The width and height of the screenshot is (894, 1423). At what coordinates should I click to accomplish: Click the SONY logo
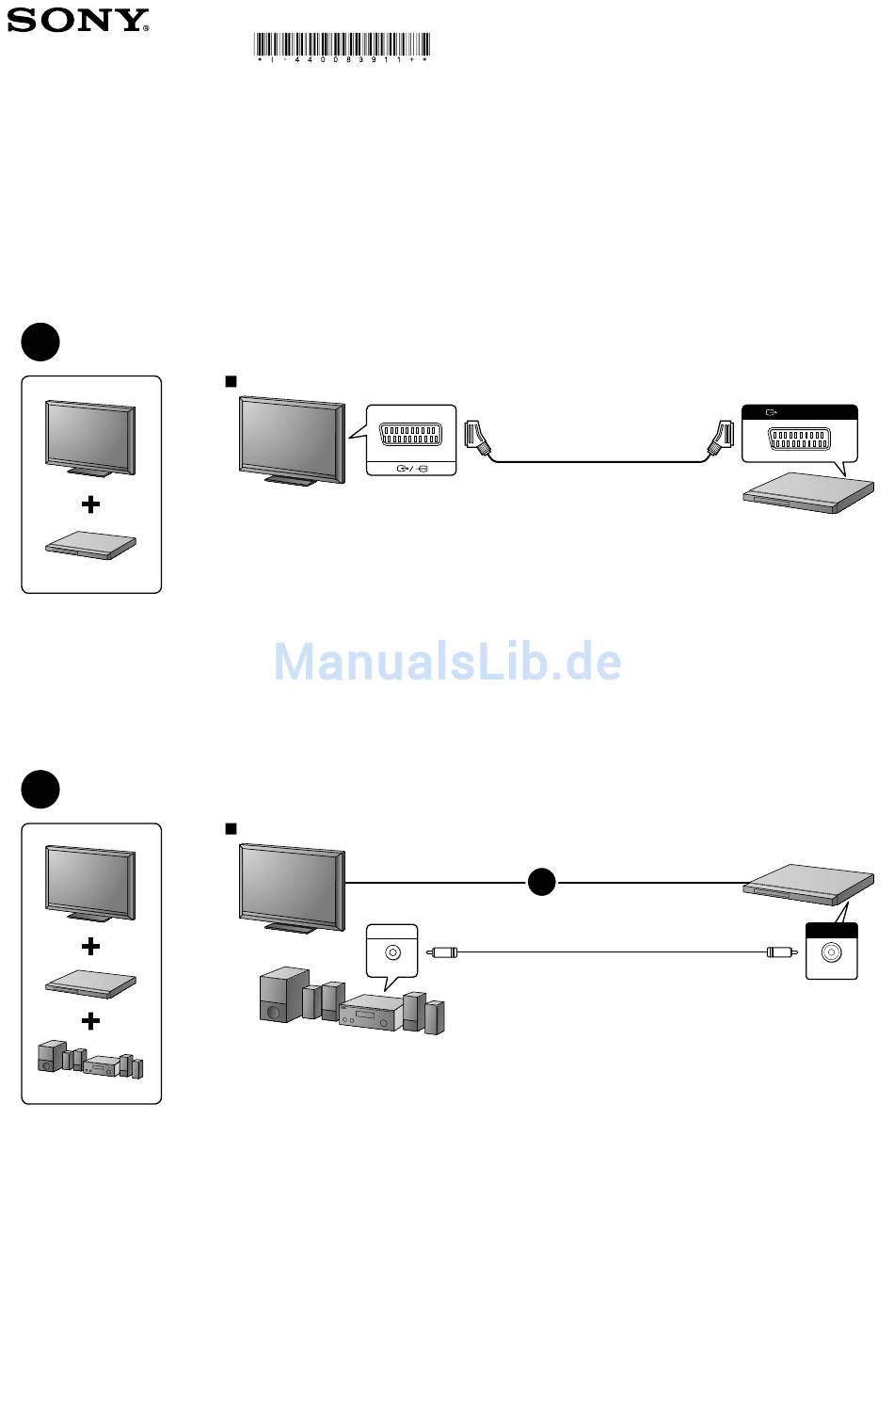click(77, 21)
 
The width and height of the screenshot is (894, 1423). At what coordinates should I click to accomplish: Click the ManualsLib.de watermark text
click(447, 662)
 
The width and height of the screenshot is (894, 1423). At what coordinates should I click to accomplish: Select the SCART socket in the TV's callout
click(410, 435)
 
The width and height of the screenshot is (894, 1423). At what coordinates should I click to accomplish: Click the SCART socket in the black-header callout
click(799, 439)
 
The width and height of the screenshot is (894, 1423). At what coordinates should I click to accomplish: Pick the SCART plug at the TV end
click(477, 437)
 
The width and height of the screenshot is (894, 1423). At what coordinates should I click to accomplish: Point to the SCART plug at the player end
click(721, 437)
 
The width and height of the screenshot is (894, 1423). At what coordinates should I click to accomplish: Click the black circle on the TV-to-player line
click(541, 882)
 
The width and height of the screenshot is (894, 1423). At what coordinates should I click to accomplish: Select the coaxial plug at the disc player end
click(782, 952)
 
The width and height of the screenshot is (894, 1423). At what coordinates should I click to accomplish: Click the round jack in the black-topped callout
click(831, 952)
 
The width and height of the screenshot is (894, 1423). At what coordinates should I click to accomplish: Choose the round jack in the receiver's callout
click(392, 952)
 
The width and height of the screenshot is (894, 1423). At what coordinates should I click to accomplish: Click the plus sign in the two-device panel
click(91, 504)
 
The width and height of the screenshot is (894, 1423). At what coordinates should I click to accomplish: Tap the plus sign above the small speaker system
click(91, 1021)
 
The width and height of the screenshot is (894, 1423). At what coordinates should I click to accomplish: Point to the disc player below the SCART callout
click(808, 492)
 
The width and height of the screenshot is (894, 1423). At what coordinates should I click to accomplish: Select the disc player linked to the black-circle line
click(808, 885)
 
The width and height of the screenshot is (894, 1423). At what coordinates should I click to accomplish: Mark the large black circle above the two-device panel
click(40, 342)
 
